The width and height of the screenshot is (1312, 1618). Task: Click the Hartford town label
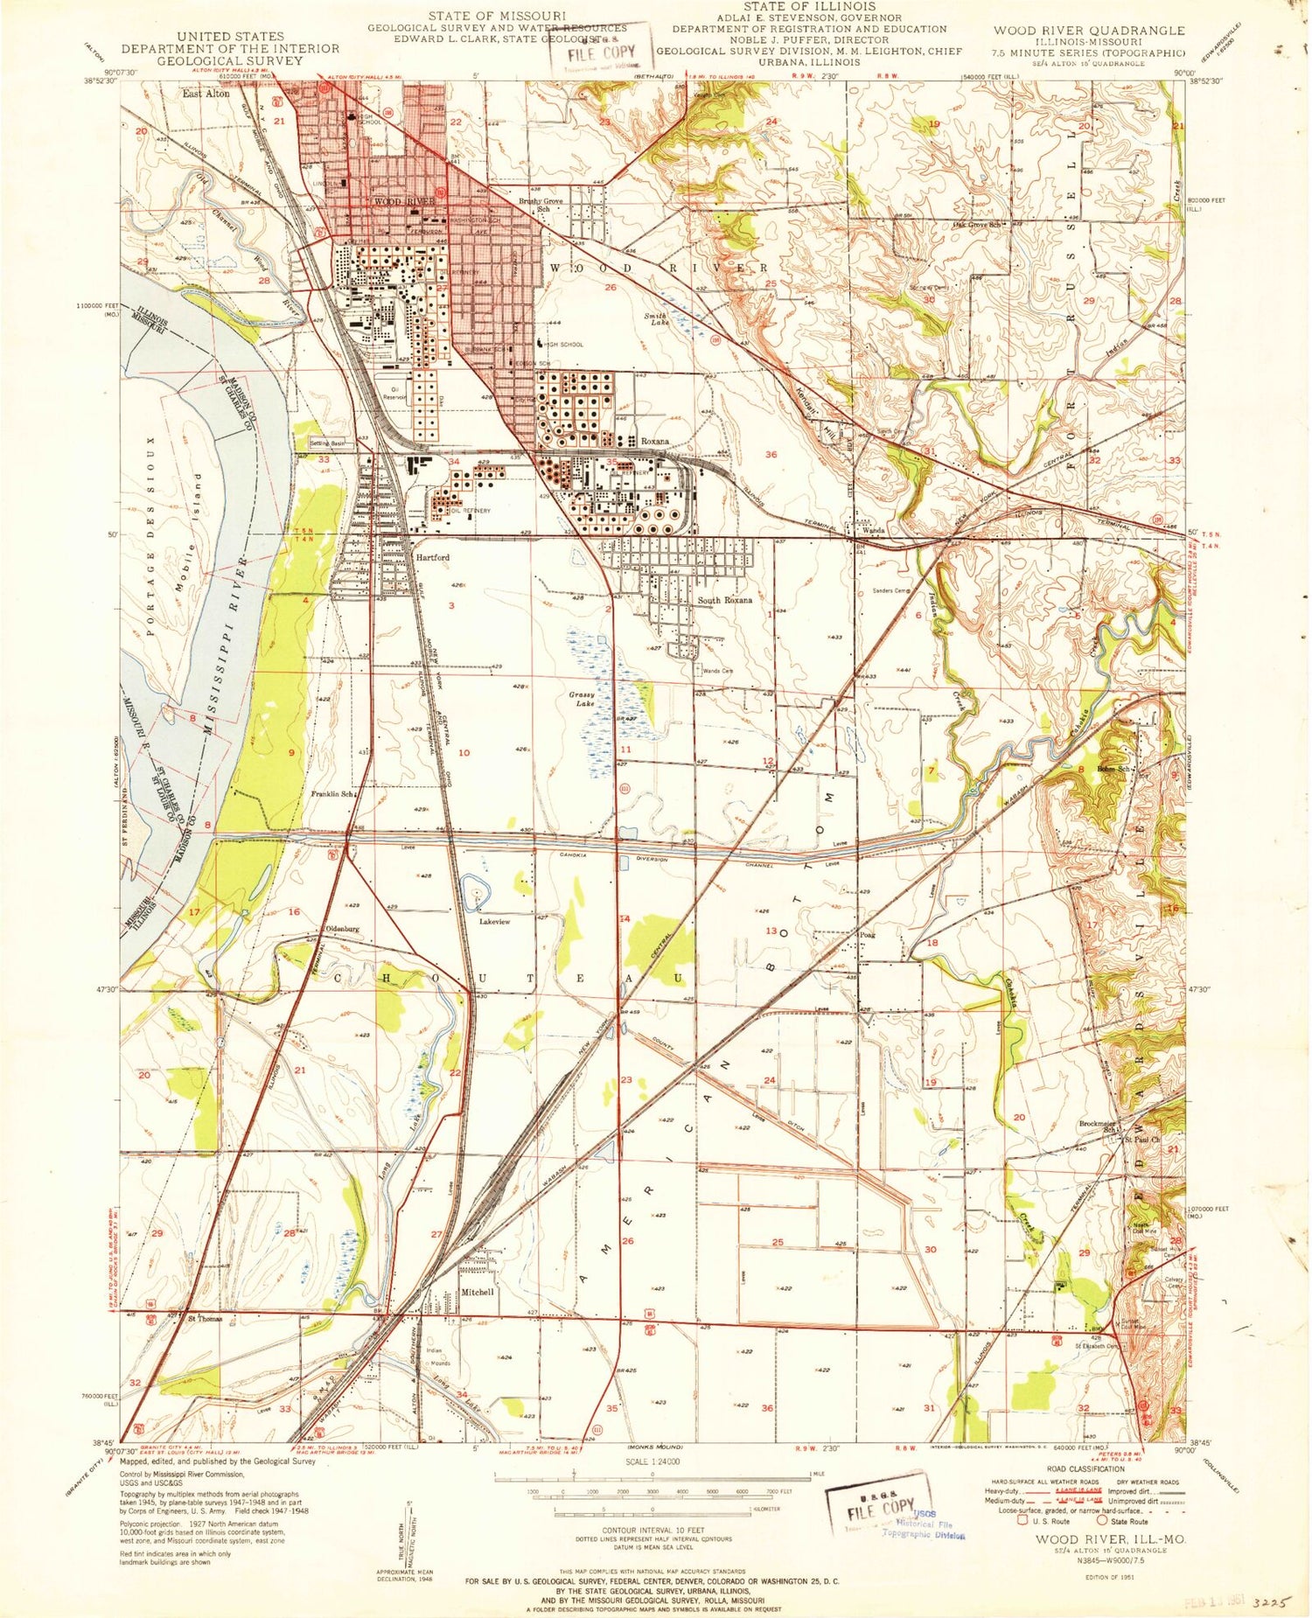(432, 557)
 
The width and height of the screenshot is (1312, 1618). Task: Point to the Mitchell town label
(478, 1292)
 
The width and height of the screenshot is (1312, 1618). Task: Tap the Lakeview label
(494, 922)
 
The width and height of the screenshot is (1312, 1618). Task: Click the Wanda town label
(874, 531)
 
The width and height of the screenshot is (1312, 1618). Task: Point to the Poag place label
(867, 935)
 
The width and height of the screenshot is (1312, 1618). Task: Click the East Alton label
(206, 93)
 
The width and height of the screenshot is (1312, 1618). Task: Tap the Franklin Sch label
(333, 794)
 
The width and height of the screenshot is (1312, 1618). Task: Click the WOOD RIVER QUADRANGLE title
(1089, 30)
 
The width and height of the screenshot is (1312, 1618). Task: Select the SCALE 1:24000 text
(653, 1461)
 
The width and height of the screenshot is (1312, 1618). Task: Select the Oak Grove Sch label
(982, 224)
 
